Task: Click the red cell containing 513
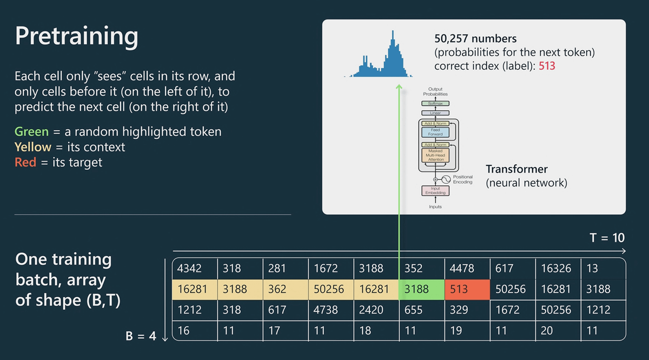point(467,289)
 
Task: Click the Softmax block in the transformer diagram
point(435,103)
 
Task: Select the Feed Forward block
point(435,132)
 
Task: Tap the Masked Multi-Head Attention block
point(435,155)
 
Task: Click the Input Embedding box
point(435,190)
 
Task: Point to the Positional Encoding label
point(462,179)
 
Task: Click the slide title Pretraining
point(76,36)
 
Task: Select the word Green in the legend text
point(32,131)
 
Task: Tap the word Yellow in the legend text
point(33,147)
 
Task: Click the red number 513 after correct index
point(547,66)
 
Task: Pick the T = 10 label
point(607,238)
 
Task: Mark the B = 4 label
point(140,336)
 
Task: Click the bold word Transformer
point(516,169)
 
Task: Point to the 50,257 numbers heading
point(475,39)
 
